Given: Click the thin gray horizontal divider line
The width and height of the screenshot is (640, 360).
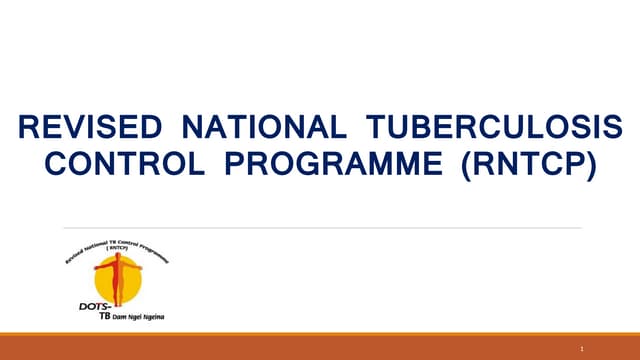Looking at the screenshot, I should pyautogui.click(x=320, y=228).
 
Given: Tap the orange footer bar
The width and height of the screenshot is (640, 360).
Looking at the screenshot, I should pyautogui.click(x=320, y=348).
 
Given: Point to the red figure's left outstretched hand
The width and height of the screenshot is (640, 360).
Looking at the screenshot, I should pyautogui.click(x=97, y=268).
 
